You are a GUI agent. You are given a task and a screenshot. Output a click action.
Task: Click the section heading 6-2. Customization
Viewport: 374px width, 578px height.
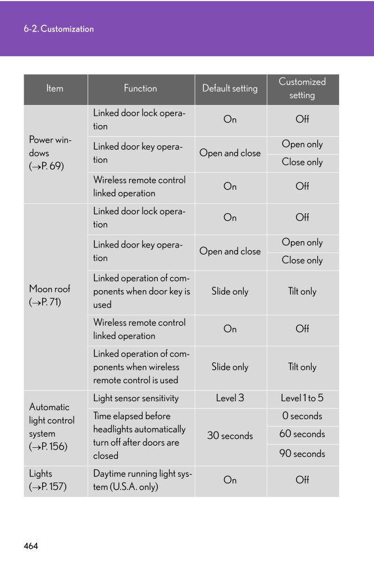pyautogui.click(x=58, y=29)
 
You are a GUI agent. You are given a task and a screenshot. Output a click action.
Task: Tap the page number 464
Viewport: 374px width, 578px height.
pyautogui.click(x=31, y=545)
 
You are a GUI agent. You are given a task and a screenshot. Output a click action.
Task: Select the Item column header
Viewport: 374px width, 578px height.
pyautogui.click(x=55, y=89)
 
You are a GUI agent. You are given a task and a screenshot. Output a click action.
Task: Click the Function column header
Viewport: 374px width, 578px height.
pyautogui.click(x=140, y=89)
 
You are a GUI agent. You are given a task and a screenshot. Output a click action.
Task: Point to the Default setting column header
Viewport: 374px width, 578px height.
pyautogui.click(x=230, y=89)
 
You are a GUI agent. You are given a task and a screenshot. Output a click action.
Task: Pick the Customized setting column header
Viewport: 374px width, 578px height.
pyautogui.click(x=302, y=89)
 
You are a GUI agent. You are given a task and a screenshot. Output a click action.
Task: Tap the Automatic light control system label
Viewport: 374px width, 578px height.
pyautogui.click(x=52, y=426)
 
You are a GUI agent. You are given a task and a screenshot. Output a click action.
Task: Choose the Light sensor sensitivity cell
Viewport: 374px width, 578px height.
pyautogui.click(x=136, y=398)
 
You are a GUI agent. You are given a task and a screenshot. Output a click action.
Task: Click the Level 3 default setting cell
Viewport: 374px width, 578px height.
pyautogui.click(x=230, y=398)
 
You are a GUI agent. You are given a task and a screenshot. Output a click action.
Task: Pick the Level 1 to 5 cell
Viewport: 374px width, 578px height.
pyautogui.click(x=302, y=398)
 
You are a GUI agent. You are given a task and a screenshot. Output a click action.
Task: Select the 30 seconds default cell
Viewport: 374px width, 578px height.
pyautogui.click(x=230, y=436)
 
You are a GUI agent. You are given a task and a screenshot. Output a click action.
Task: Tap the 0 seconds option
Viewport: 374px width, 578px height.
pyautogui.click(x=302, y=416)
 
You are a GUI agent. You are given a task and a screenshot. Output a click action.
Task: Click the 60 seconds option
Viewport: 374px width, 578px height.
pyautogui.click(x=302, y=434)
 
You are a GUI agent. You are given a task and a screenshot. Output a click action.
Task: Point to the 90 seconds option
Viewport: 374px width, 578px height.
pyautogui.click(x=302, y=454)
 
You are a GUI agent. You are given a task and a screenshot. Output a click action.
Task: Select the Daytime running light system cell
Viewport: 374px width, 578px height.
pyautogui.click(x=143, y=480)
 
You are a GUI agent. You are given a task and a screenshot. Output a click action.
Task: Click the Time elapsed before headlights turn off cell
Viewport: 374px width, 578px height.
pyautogui.click(x=139, y=436)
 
